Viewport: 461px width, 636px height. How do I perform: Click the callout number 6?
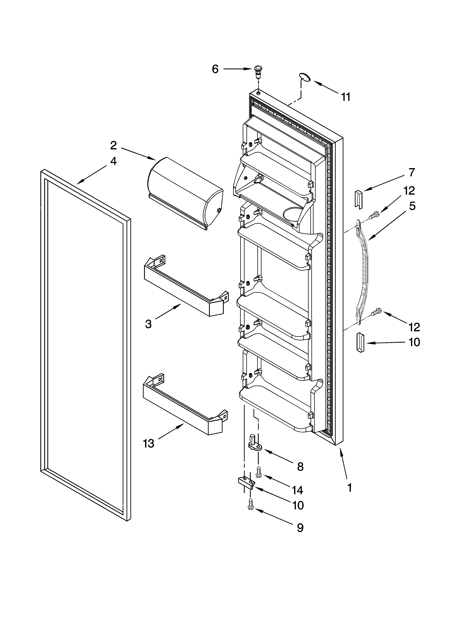tap(215, 69)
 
